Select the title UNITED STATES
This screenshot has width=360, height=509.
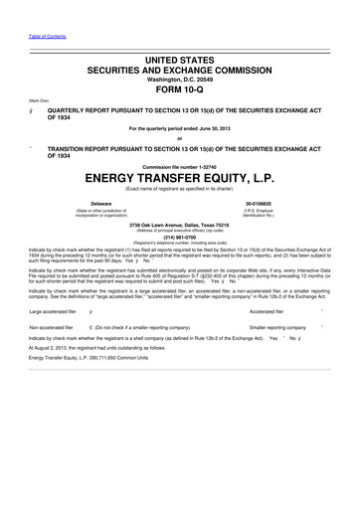[x=180, y=61]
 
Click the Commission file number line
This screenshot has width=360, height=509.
[x=180, y=163]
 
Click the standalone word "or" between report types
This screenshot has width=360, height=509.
[x=180, y=138]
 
